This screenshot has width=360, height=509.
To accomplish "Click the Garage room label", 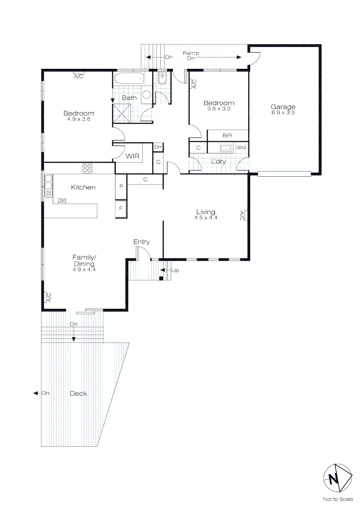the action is click(x=283, y=107).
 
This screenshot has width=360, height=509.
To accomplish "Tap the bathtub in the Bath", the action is click(x=128, y=79).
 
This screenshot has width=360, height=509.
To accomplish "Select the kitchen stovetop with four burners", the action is click(x=87, y=168).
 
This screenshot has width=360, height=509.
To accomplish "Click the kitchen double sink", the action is click(x=49, y=186).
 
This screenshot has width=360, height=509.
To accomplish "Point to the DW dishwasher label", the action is click(x=62, y=200).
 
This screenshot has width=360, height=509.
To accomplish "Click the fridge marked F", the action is click(x=121, y=209).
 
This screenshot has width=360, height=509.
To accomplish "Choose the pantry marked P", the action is click(x=121, y=187).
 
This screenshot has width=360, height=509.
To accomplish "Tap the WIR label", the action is click(x=132, y=156).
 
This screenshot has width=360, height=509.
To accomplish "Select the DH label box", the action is click(x=158, y=147).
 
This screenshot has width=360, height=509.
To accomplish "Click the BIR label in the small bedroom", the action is click(x=227, y=135).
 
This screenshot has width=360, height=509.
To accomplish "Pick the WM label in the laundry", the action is click(x=241, y=148).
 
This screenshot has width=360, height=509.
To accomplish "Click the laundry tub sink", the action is click(x=226, y=148).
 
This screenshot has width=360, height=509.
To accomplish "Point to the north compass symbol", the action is click(x=337, y=478).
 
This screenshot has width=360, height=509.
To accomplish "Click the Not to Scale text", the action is click(x=338, y=499).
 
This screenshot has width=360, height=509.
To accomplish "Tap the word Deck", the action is click(x=78, y=394).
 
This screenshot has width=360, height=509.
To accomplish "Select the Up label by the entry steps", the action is click(x=175, y=271).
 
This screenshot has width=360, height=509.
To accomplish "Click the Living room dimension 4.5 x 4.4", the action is click(x=206, y=218).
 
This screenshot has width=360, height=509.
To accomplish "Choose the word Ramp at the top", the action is click(x=191, y=53).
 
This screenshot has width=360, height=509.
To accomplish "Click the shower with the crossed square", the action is click(x=122, y=113).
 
